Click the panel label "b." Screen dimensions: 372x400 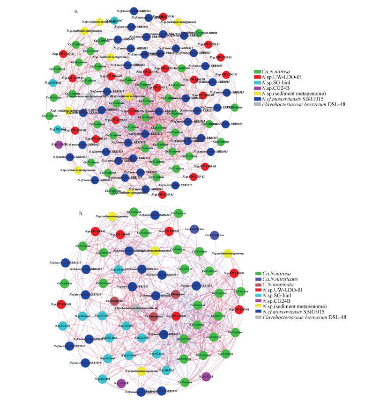point(82,213)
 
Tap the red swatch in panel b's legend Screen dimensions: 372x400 point(259,292)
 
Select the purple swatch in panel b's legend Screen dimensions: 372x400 point(259,305)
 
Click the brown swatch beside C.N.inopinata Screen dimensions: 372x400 point(259,285)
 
